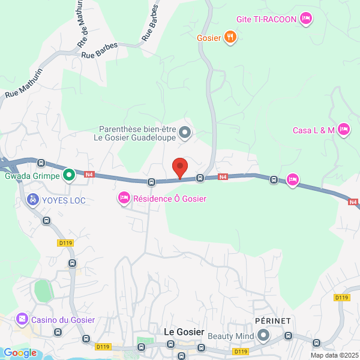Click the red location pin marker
[179, 167]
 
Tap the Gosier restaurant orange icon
[230, 37]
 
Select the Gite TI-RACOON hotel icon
[306, 19]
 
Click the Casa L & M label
[313, 130]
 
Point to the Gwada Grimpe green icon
[70, 175]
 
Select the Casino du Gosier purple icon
[22, 319]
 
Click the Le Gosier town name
[184, 332]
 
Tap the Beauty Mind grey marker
[263, 335]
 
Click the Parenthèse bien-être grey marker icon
[185, 131]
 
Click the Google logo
[19, 353]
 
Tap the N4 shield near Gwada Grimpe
[89, 175]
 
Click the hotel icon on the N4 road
[293, 179]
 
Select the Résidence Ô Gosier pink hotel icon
[124, 198]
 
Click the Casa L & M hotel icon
[344, 130]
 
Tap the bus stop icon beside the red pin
[200, 178]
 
